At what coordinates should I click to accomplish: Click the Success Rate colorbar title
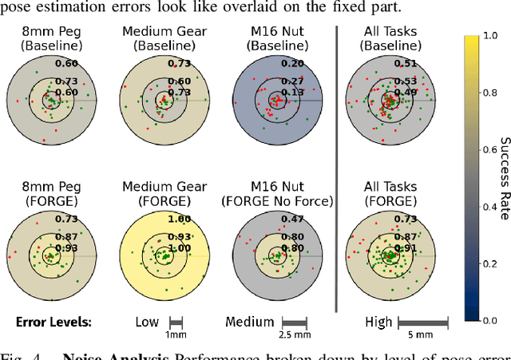(505, 178)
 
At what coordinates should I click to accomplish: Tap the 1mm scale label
(176, 335)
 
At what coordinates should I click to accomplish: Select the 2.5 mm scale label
(294, 336)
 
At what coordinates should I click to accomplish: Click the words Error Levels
(53, 322)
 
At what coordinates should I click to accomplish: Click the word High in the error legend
(378, 322)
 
